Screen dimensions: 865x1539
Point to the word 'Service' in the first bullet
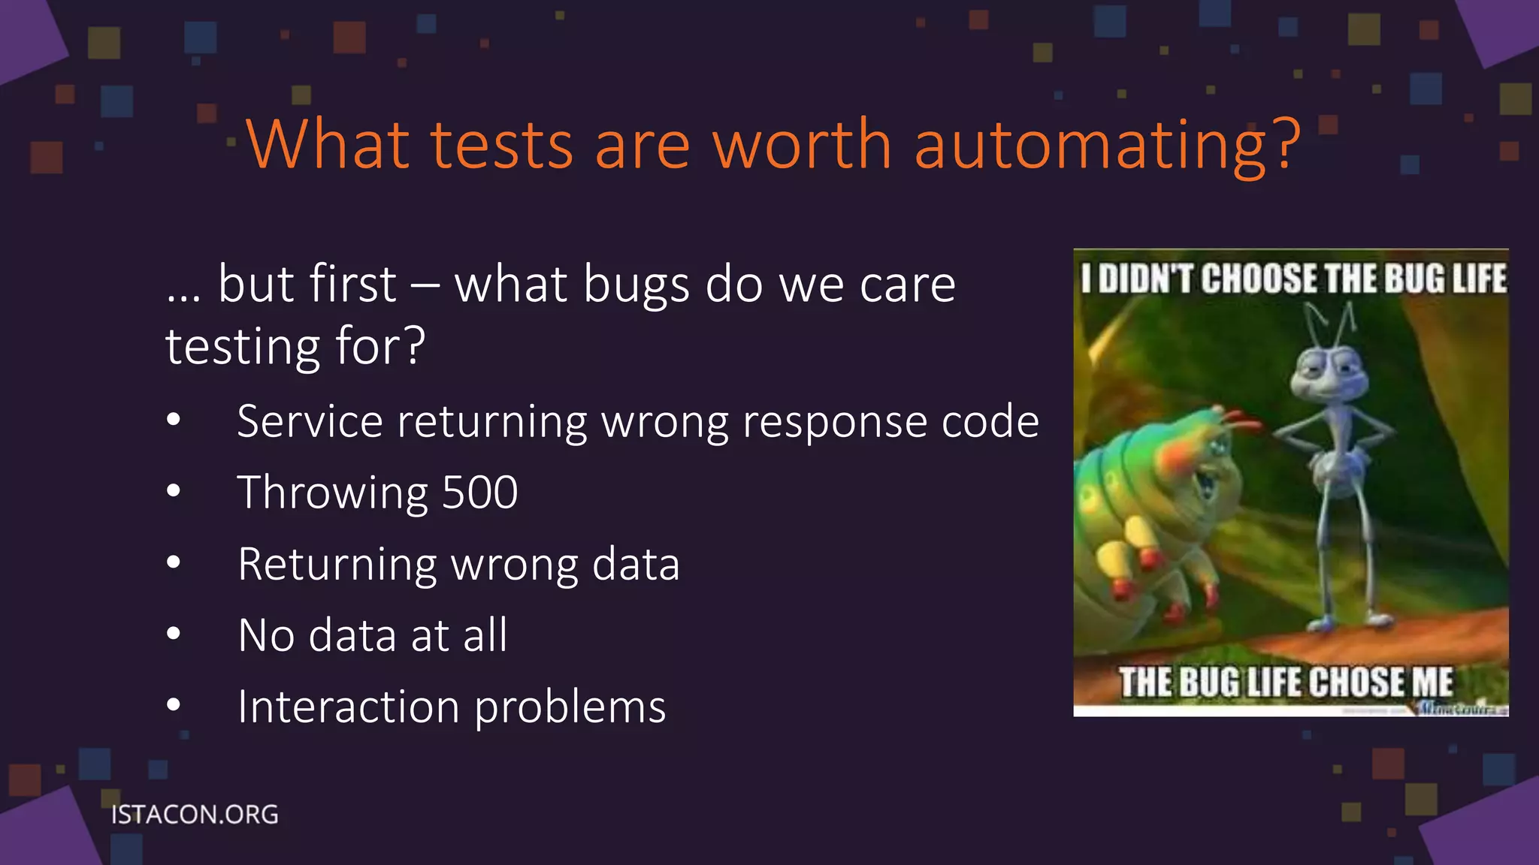[310, 421]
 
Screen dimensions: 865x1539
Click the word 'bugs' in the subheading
[636, 286]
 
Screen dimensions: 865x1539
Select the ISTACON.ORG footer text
[195, 815]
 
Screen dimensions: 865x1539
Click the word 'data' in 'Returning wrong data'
[636, 564]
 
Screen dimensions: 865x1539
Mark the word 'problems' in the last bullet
[570, 708]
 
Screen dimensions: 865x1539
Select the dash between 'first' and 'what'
[425, 285]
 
